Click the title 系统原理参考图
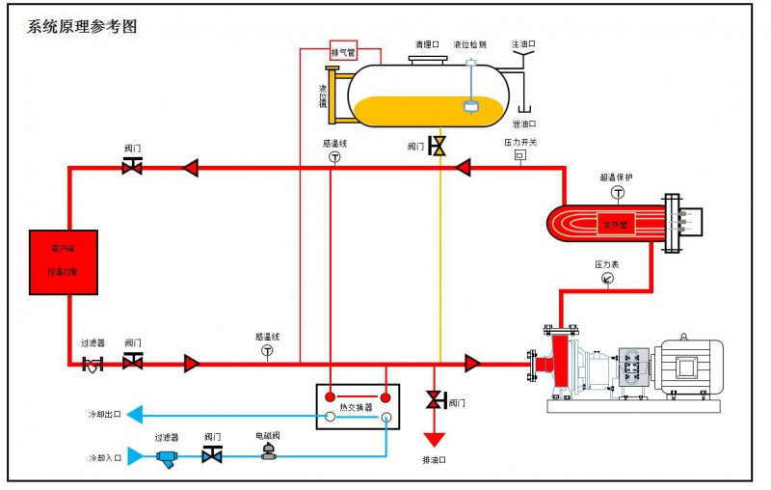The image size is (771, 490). click(x=82, y=27)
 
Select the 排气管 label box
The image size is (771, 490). click(x=343, y=52)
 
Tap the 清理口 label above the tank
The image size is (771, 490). click(x=427, y=44)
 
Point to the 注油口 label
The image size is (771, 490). click(x=523, y=44)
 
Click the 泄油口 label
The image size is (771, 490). click(x=524, y=123)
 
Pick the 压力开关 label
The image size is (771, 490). click(x=520, y=142)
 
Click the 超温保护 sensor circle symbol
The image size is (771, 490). click(x=618, y=192)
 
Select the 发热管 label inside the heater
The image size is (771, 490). click(x=617, y=225)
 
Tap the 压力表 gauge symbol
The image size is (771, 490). click(x=607, y=279)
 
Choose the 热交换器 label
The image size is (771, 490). click(x=358, y=406)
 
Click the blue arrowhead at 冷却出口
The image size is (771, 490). click(x=136, y=415)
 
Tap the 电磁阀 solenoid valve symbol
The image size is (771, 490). click(x=268, y=451)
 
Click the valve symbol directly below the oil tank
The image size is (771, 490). click(x=438, y=146)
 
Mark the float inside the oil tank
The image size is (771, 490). click(x=470, y=108)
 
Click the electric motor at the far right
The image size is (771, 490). click(x=686, y=366)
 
